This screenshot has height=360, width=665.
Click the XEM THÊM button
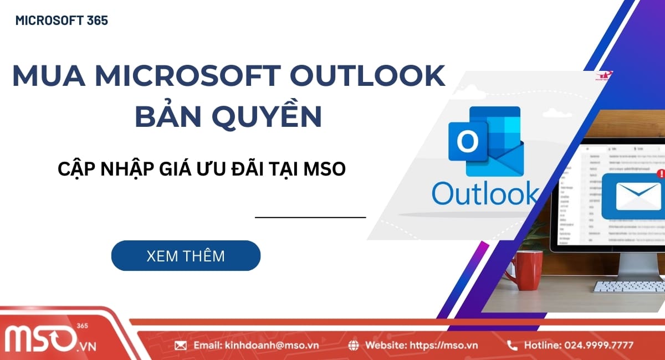point(186,256)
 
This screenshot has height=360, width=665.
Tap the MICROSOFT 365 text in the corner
point(62,21)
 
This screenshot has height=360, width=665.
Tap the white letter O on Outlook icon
point(467,143)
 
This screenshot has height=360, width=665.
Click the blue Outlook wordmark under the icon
point(484,193)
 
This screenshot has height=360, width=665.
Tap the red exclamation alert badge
point(659,173)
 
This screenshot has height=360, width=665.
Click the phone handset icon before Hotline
point(513,345)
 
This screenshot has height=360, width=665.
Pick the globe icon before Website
point(354,345)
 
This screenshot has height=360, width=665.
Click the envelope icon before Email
point(181,345)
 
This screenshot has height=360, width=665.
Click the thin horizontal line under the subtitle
point(310,218)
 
